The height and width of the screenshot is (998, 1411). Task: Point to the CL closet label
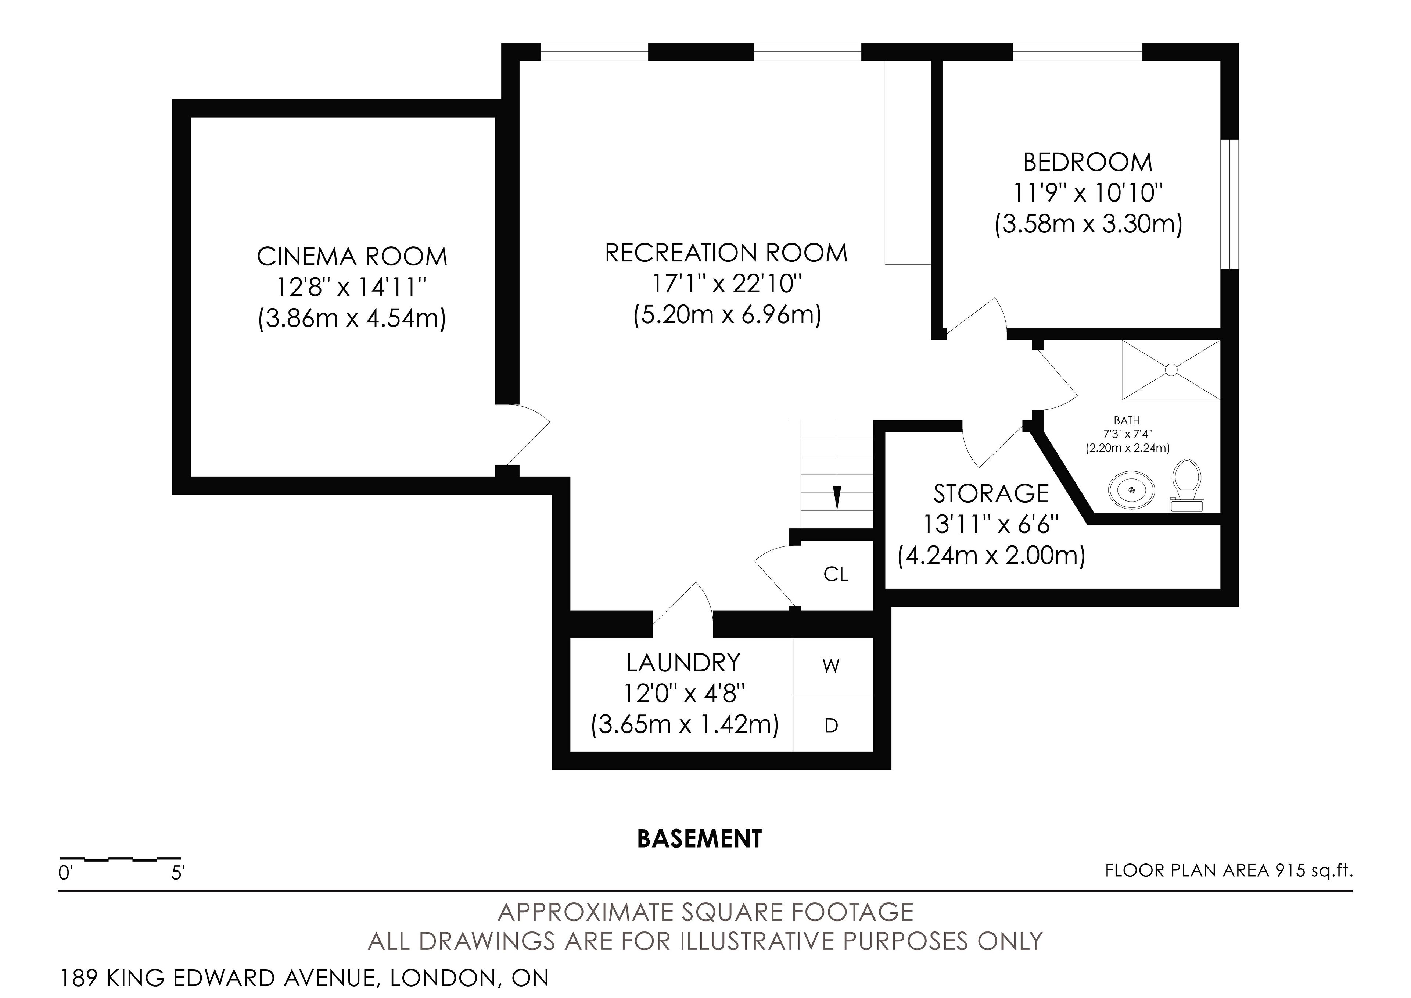tap(836, 574)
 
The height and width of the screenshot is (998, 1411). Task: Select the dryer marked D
tap(832, 726)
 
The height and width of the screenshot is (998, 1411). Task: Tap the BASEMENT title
tap(699, 839)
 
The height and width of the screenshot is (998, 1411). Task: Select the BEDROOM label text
tap(1088, 162)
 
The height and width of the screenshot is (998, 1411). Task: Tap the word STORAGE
tap(991, 494)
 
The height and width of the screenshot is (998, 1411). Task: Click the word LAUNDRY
tap(683, 663)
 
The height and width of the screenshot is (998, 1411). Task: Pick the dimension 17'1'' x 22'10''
tap(727, 284)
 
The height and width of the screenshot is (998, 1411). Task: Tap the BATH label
tap(1127, 421)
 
